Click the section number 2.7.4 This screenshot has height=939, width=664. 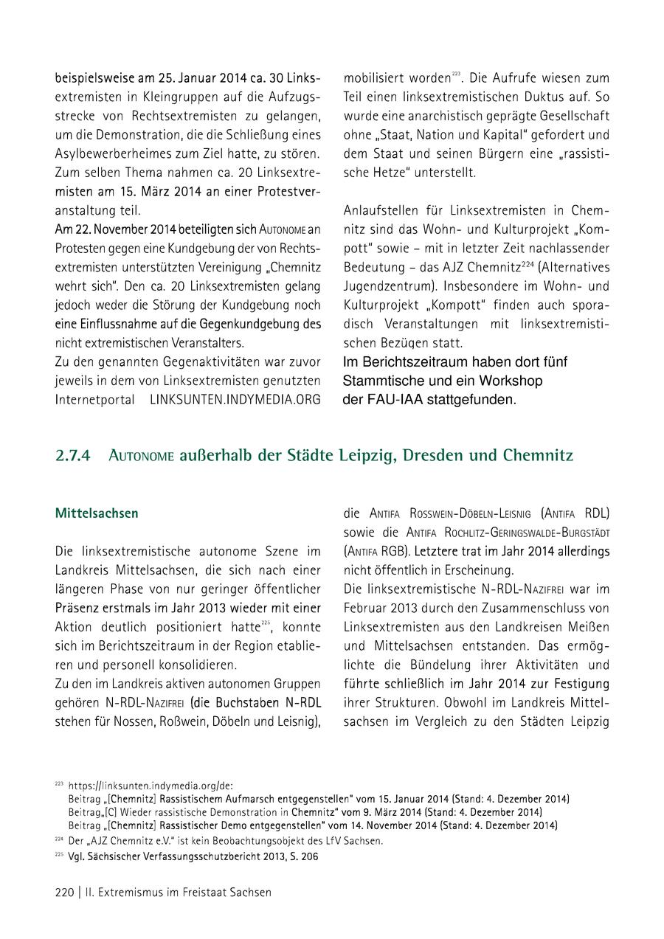[72, 455]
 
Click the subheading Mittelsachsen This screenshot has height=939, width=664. [97, 513]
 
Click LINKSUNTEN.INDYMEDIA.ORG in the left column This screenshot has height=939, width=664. [235, 400]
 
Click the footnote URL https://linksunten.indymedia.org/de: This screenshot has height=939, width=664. [151, 786]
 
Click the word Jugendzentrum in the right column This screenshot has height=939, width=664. [388, 285]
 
